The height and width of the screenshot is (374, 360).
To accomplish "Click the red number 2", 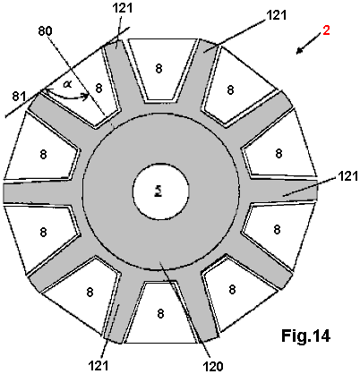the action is (326, 30).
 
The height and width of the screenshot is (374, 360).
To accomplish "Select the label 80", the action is (46, 31).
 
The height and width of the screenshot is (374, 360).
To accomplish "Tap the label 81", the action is (20, 97).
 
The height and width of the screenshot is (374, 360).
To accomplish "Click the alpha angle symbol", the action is (68, 84).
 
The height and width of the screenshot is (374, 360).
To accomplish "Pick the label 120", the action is (213, 366).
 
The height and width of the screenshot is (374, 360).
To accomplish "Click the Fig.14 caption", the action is (305, 336).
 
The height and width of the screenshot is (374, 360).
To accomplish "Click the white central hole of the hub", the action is (160, 191).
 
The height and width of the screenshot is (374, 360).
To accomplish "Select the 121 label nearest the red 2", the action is (276, 15).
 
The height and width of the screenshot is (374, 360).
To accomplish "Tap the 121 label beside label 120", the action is (99, 365).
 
